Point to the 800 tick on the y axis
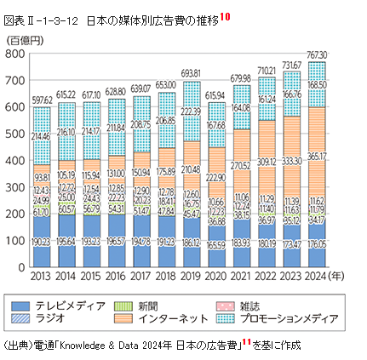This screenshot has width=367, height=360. coord(17,53)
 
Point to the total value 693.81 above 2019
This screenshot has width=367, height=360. coord(191,74)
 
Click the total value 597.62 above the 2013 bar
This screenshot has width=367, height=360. coord(40,99)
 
